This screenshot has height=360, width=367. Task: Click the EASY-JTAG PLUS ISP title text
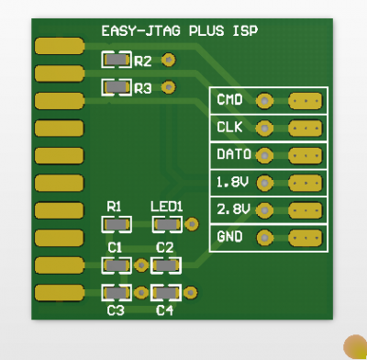[179, 30]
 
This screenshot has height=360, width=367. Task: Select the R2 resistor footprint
[116, 61]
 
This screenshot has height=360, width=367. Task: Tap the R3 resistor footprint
[116, 88]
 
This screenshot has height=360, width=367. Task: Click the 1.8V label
[232, 182]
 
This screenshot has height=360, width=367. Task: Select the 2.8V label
[232, 209]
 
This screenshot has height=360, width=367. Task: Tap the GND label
[228, 237]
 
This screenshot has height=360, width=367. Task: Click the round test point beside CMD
[264, 101]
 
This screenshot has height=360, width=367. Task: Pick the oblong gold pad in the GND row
[306, 238]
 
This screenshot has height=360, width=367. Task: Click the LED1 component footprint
[166, 223]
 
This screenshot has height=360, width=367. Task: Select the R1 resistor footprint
[115, 223]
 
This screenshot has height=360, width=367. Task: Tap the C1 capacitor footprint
[116, 265]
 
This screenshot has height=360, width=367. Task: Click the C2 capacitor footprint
[166, 265]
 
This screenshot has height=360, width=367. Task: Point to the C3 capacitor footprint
[116, 293]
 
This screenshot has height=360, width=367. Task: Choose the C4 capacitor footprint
[166, 293]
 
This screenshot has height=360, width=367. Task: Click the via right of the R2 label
[167, 61]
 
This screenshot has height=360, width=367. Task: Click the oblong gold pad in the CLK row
[306, 128]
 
